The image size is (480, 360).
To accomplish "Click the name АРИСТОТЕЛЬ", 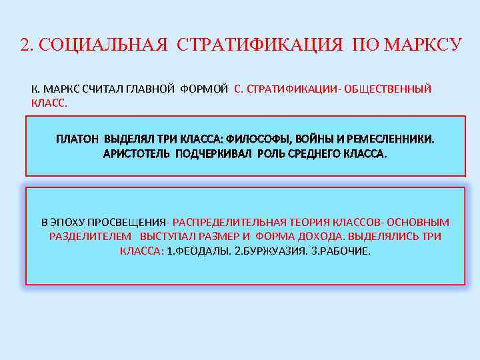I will (x=135, y=153).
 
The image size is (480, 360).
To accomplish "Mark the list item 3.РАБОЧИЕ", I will (x=341, y=251).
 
